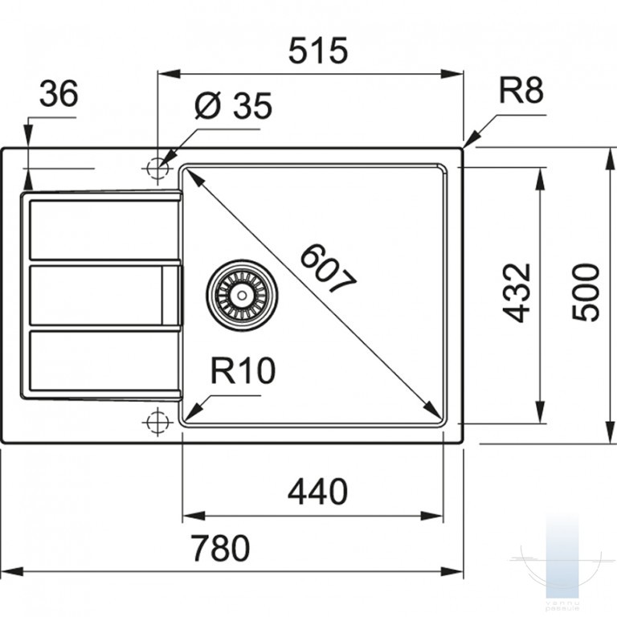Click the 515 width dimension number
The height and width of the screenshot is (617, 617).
[x=318, y=51]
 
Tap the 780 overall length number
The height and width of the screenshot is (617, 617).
[x=220, y=548]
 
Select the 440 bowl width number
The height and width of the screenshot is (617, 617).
[x=317, y=492]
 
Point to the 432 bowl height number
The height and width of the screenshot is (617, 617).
[x=517, y=292]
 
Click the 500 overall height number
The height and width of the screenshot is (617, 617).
[x=586, y=292]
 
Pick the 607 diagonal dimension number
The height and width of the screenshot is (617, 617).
[x=328, y=268]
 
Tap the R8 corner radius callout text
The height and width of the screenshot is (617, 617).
[x=521, y=90]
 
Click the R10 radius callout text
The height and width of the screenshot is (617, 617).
[x=243, y=370]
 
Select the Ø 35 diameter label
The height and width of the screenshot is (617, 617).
[x=233, y=105]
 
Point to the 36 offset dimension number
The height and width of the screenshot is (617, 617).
[x=59, y=93]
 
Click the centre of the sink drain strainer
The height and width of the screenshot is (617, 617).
[x=242, y=294]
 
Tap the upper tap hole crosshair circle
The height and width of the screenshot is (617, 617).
[x=157, y=168]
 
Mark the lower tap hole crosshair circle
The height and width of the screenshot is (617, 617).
[x=157, y=422]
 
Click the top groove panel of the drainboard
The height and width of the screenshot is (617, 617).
[x=104, y=231]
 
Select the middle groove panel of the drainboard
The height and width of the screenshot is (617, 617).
[x=105, y=295]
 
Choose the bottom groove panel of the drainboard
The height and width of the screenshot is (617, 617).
[x=104, y=361]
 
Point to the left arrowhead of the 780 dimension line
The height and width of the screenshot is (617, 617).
[x=13, y=570]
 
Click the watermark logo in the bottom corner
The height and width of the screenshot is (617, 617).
[x=556, y=566]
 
